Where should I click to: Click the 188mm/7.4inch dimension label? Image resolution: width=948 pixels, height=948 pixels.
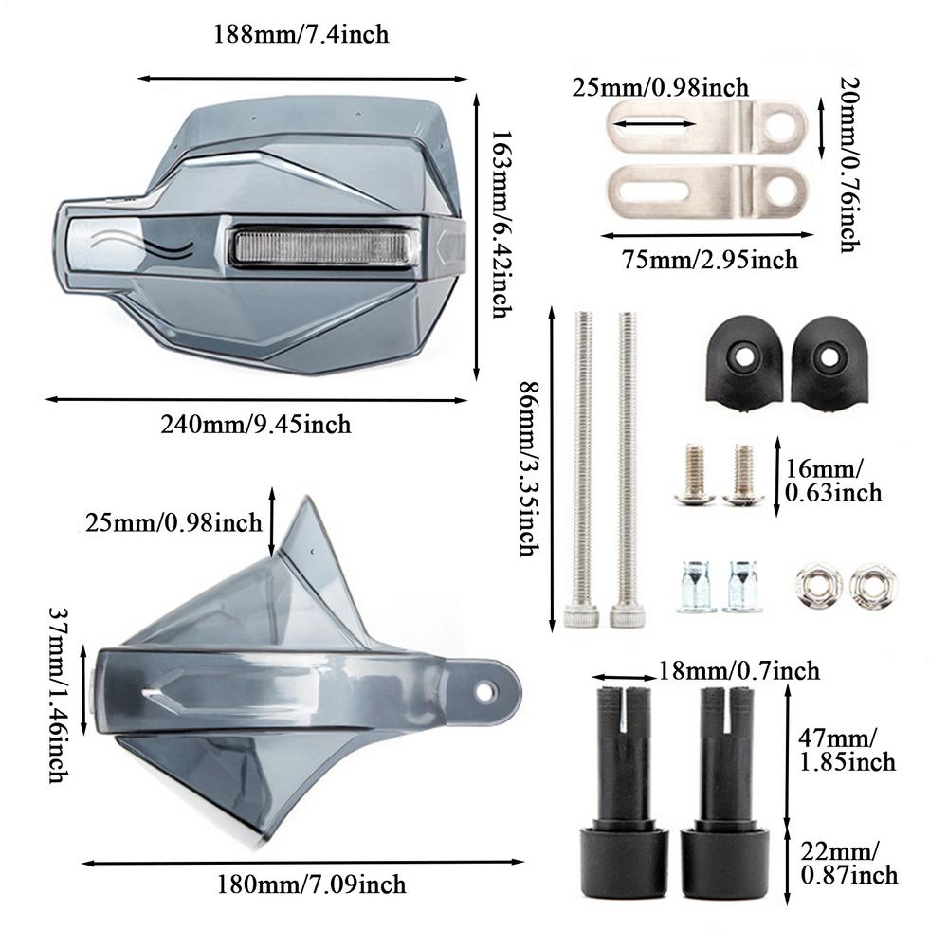tap(301, 35)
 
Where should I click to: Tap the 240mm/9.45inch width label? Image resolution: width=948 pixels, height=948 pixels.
tap(255, 424)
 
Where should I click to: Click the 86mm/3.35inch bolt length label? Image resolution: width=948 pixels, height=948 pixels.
tap(527, 469)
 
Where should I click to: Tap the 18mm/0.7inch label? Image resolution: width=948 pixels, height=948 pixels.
tap(738, 672)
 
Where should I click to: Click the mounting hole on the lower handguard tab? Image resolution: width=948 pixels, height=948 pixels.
tap(485, 692)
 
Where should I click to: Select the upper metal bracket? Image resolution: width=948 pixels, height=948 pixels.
tap(706, 126)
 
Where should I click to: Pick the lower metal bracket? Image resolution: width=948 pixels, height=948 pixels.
tap(706, 188)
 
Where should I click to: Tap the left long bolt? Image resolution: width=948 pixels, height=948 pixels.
tap(583, 469)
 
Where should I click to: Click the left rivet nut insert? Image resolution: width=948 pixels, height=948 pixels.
tap(696, 586)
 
